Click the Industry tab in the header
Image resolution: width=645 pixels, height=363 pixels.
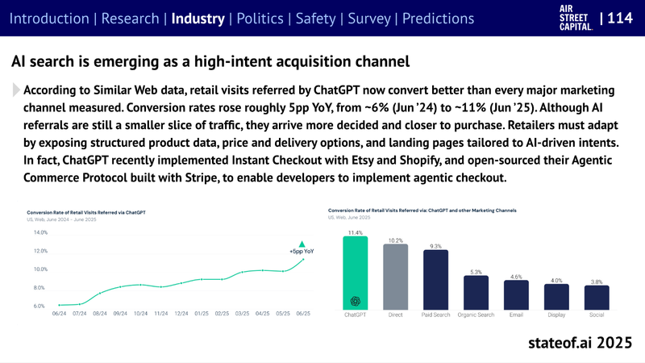click(198, 18)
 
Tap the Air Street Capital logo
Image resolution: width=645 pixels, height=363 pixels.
click(576, 17)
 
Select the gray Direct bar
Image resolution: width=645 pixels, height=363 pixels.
click(395, 278)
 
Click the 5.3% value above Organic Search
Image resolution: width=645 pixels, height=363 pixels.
click(476, 272)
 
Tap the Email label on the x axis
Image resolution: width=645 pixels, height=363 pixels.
click(516, 315)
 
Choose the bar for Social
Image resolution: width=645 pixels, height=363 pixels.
click(597, 298)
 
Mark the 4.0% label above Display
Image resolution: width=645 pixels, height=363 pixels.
click(556, 280)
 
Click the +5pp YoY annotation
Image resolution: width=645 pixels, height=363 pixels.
click(302, 252)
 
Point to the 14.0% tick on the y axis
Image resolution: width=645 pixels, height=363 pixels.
click(40, 232)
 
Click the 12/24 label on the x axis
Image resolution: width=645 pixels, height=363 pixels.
click(181, 313)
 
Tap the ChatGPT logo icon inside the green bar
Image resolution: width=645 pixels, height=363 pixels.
click(355, 302)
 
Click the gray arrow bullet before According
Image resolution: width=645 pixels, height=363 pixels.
click(16, 90)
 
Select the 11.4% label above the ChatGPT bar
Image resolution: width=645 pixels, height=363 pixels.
click(355, 232)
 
